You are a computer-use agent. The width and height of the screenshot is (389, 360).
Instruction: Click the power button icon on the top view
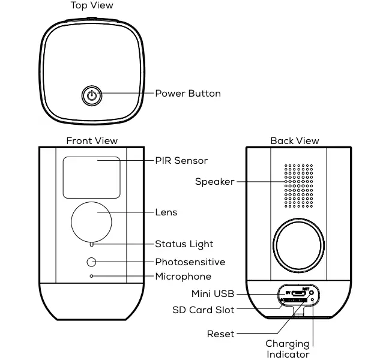pyautogui.click(x=91, y=95)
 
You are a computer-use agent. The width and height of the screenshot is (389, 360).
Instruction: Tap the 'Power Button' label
pyautogui.click(x=188, y=94)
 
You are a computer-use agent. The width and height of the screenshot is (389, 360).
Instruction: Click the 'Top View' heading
pyautogui.click(x=92, y=5)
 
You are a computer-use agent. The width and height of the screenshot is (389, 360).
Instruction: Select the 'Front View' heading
pyautogui.click(x=92, y=141)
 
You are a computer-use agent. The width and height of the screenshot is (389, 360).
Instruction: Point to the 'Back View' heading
pyautogui.click(x=295, y=141)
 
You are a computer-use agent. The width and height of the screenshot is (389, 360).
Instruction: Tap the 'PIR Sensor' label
pyautogui.click(x=181, y=161)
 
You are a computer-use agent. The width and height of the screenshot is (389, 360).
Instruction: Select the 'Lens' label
pyautogui.click(x=166, y=212)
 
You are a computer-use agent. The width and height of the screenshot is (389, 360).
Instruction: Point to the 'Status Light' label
pyautogui.click(x=184, y=244)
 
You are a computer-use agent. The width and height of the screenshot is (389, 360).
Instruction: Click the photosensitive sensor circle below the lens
pyautogui.click(x=91, y=262)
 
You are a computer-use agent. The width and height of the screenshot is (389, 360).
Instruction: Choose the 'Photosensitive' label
pyautogui.click(x=190, y=262)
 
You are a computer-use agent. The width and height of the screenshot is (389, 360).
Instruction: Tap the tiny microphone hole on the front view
pyautogui.click(x=91, y=276)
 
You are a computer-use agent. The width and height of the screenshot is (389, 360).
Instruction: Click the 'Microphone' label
pyautogui.click(x=183, y=277)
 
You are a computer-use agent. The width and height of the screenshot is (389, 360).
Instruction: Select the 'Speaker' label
pyautogui.click(x=214, y=182)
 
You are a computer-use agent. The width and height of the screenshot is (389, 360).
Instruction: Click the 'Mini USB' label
pyautogui.click(x=213, y=294)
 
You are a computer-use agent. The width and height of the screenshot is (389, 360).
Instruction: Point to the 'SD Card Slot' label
pyautogui.click(x=204, y=310)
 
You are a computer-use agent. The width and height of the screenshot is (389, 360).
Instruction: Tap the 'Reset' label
pyautogui.click(x=220, y=334)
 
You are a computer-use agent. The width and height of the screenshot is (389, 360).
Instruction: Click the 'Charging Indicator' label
pyautogui.click(x=288, y=349)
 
